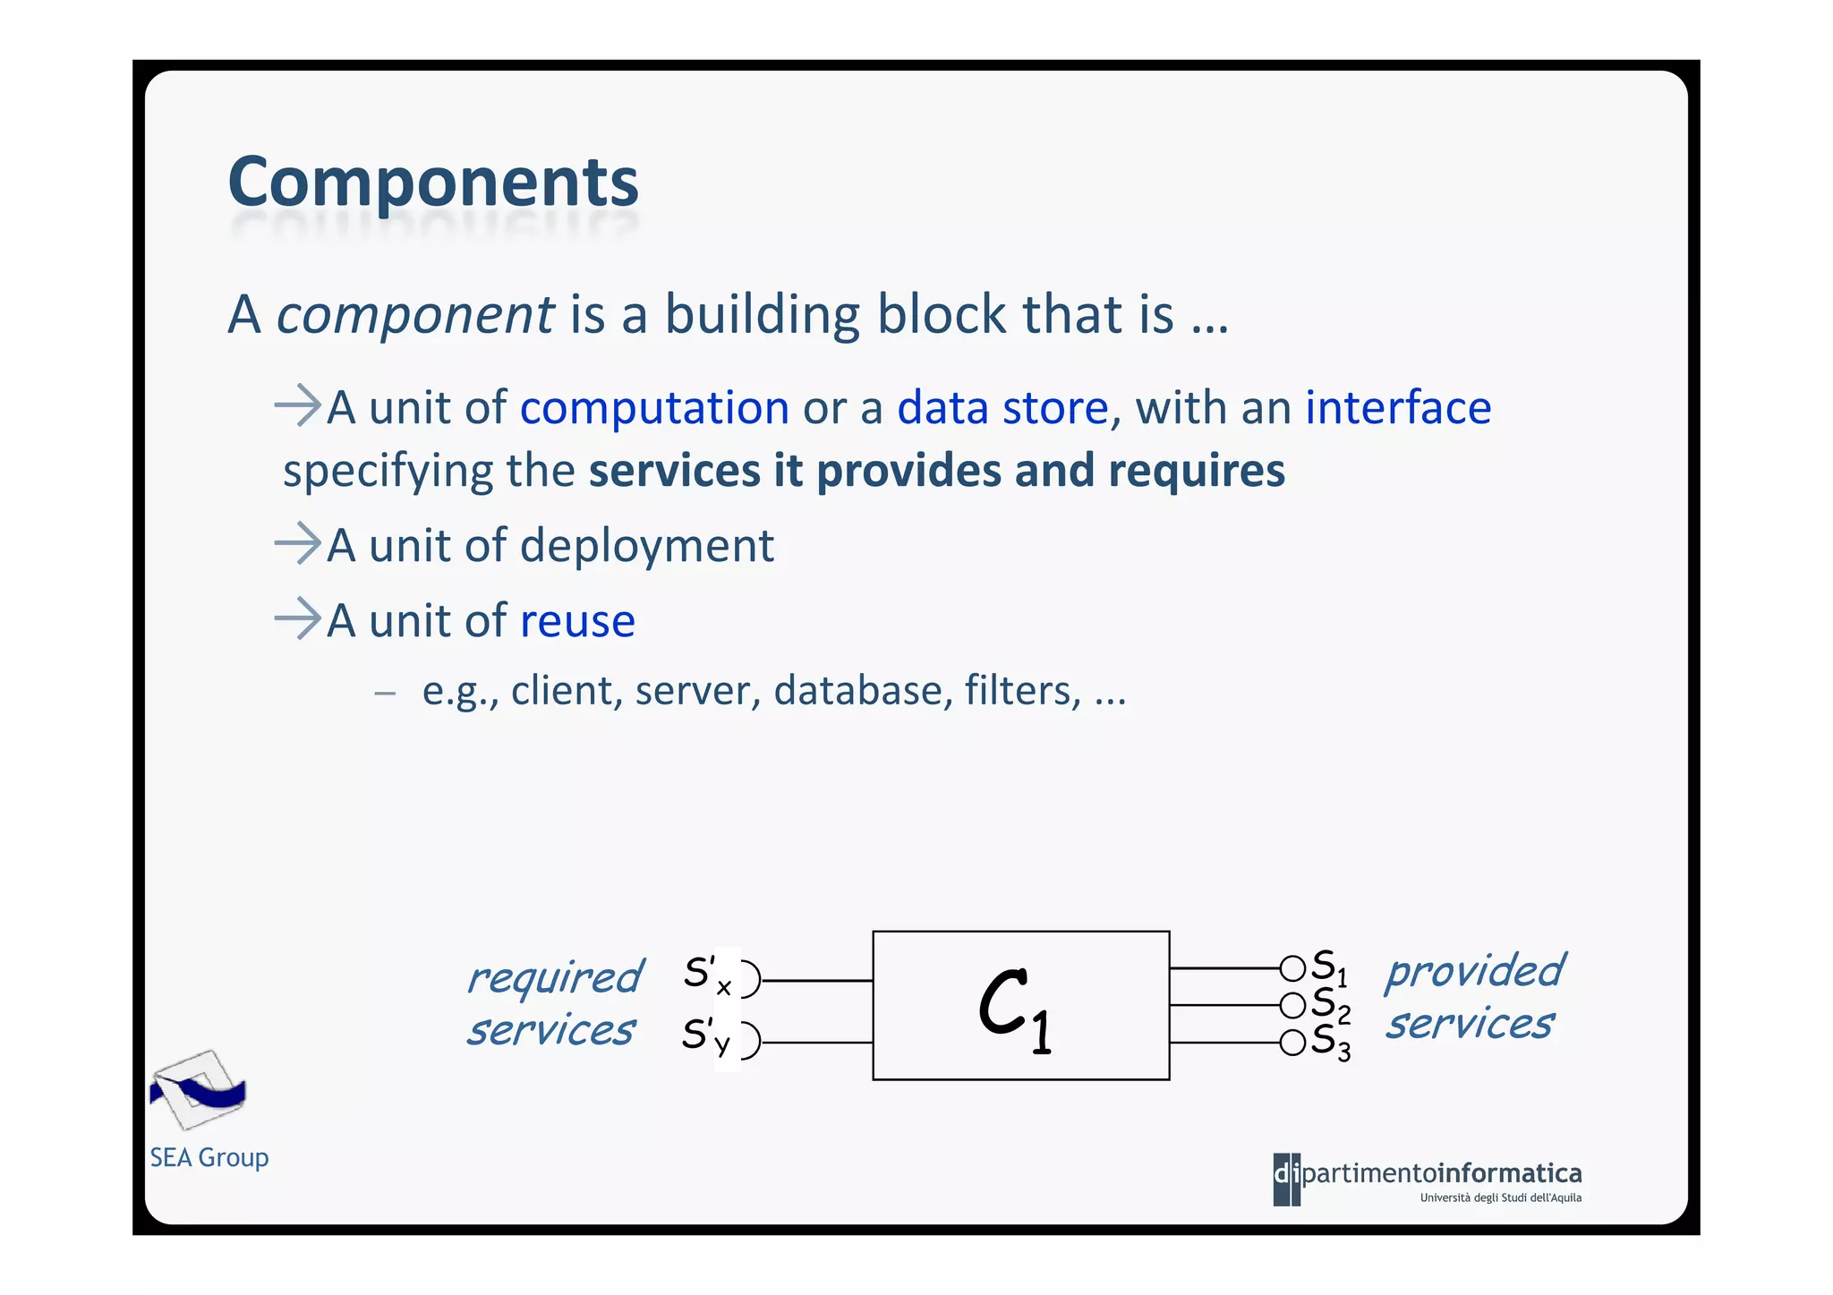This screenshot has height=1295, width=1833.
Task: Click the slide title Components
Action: point(433,182)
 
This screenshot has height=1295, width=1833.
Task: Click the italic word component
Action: point(415,316)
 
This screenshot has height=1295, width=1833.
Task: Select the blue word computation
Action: point(654,408)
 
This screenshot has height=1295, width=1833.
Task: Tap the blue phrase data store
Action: point(1002,408)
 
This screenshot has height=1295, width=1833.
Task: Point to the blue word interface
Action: point(1397,408)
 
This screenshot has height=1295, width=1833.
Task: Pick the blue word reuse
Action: point(577,621)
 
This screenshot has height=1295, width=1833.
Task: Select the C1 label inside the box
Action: point(1015,1010)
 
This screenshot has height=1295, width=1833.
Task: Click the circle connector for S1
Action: point(1292,968)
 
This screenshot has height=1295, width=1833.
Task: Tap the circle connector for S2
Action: point(1292,1006)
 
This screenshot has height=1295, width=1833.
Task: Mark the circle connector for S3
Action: point(1292,1043)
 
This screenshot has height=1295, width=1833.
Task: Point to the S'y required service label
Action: point(705,1037)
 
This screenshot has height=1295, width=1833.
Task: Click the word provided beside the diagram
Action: point(1475,972)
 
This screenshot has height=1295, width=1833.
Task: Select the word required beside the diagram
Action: point(555,977)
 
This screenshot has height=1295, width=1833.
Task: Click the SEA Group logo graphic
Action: point(198,1090)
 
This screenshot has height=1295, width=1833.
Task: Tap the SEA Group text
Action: point(209,1158)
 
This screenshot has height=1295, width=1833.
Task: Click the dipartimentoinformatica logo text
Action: point(1428,1175)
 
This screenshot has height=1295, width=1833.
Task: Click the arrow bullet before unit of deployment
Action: point(297,544)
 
